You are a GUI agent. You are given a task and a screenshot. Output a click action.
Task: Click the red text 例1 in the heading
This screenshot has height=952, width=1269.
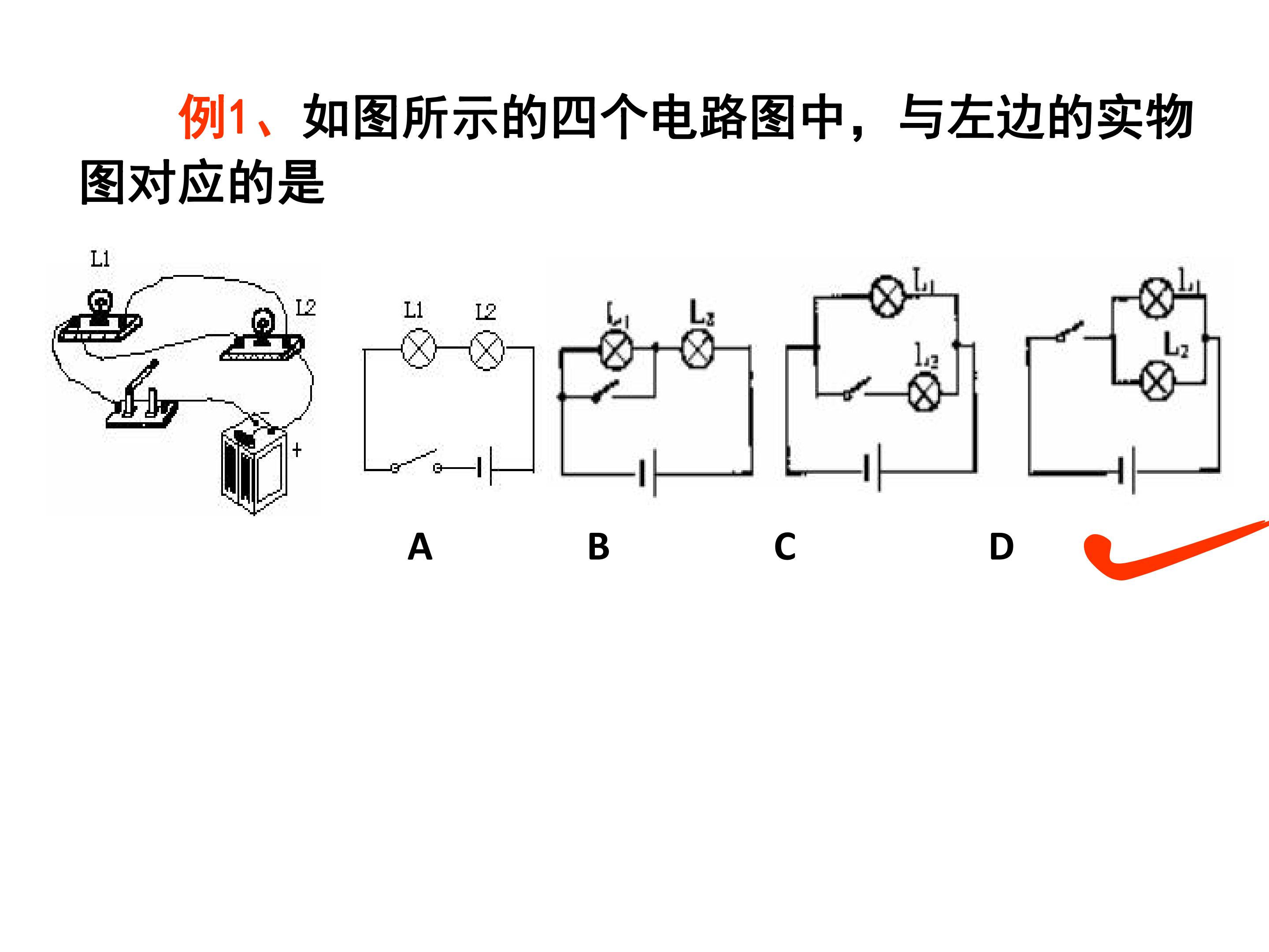pyautogui.click(x=213, y=117)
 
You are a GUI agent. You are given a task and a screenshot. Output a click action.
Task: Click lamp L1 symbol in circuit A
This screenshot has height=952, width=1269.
pyautogui.click(x=419, y=348)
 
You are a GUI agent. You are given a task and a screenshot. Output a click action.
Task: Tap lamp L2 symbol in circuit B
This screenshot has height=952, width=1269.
pyautogui.click(x=697, y=348)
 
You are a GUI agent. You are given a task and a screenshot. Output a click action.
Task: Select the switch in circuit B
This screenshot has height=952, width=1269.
pyautogui.click(x=605, y=391)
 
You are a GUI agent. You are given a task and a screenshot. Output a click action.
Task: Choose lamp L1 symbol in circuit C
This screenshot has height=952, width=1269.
pyautogui.click(x=887, y=296)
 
